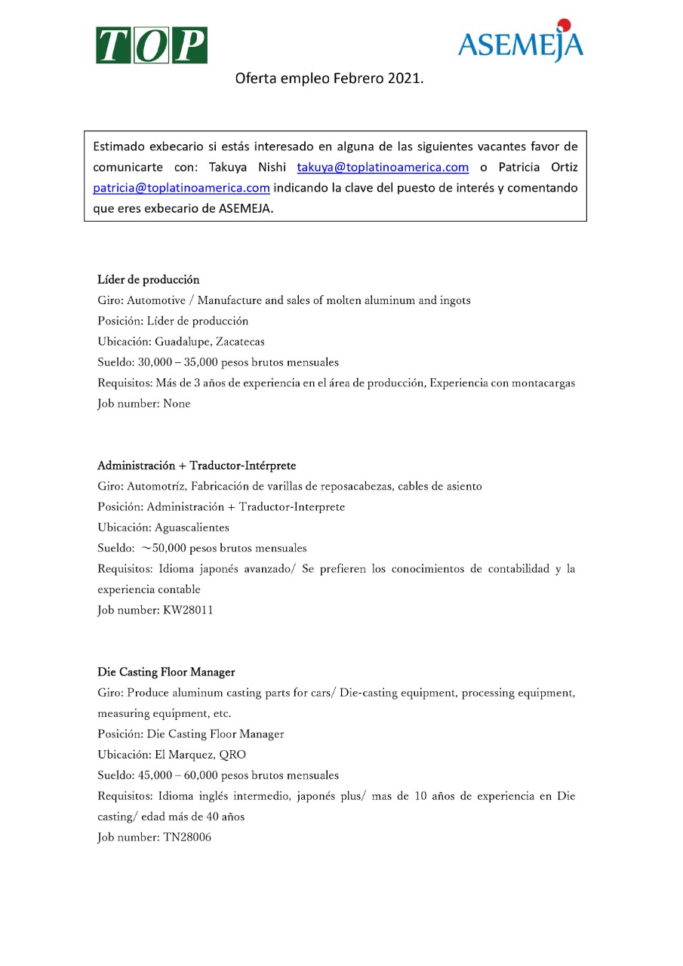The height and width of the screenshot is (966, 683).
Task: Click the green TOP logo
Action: [x=151, y=45]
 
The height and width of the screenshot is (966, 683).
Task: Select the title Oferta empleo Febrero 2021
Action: [x=329, y=78]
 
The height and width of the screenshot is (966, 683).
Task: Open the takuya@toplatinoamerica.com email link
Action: [x=383, y=167]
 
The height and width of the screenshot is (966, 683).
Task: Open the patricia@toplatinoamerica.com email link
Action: [x=181, y=187]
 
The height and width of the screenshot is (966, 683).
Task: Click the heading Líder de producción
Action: [x=149, y=280]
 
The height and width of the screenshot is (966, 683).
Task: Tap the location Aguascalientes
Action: [x=192, y=528]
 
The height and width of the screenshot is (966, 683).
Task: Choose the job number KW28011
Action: [x=188, y=610]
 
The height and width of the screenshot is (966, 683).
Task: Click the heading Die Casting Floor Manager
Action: [x=166, y=672]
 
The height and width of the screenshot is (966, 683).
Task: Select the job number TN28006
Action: [x=187, y=837]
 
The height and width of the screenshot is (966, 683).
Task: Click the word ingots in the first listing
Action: [x=455, y=300]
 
